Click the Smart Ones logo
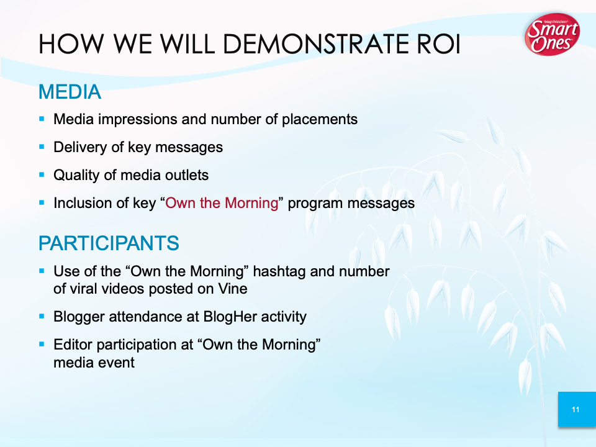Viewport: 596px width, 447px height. click(x=552, y=34)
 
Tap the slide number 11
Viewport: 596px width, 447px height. click(x=576, y=410)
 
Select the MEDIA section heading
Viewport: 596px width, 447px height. click(x=70, y=92)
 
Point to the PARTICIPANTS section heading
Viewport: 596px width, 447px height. click(x=109, y=243)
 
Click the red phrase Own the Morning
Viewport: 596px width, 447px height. click(x=222, y=203)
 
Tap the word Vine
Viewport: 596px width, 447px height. click(x=233, y=289)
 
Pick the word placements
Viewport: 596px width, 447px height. click(x=320, y=120)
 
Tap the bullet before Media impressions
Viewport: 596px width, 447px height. click(x=42, y=119)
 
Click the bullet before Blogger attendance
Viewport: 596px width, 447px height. click(x=42, y=316)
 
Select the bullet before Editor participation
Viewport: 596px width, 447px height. click(x=42, y=345)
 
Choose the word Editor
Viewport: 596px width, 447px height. click(x=73, y=345)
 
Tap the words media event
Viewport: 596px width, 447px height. click(x=94, y=363)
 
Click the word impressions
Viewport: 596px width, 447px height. click(x=138, y=120)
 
